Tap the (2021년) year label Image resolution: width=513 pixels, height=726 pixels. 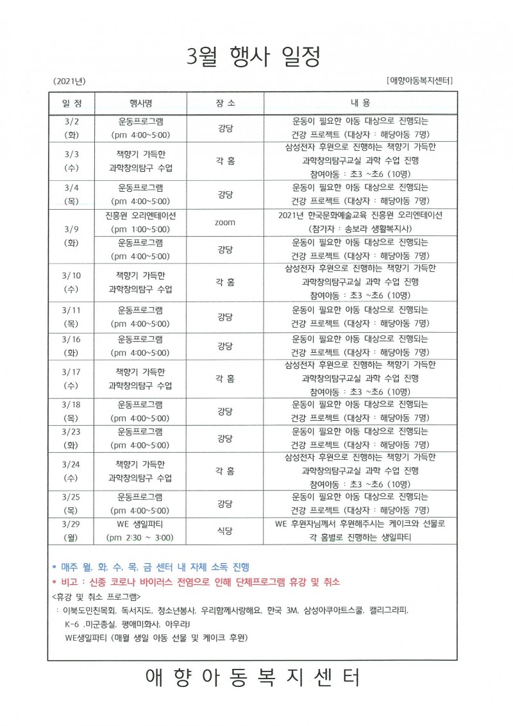point(70,81)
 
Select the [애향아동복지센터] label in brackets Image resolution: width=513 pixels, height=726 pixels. point(421,81)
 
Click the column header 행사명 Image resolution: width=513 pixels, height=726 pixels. point(140,103)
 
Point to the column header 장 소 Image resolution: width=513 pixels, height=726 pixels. point(224,103)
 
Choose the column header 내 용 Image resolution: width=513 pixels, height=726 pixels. point(360,103)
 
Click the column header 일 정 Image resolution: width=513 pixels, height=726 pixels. point(71,103)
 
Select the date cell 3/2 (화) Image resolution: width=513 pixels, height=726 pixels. point(71,128)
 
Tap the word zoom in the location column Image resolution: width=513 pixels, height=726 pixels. point(224,223)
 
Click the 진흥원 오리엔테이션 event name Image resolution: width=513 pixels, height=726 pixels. point(140,215)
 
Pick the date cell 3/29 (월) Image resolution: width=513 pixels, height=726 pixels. point(71,530)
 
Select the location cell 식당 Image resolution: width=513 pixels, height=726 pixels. point(224,530)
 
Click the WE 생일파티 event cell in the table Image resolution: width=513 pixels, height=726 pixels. point(140,530)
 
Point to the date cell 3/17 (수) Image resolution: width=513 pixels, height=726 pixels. point(71,378)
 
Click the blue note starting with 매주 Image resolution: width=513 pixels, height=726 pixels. point(151,567)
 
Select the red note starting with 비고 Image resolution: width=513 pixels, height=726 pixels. point(195,582)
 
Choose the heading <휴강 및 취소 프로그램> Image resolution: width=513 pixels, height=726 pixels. point(96,596)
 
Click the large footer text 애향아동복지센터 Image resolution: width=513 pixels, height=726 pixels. point(253,677)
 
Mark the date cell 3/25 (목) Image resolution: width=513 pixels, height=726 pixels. point(71,503)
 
